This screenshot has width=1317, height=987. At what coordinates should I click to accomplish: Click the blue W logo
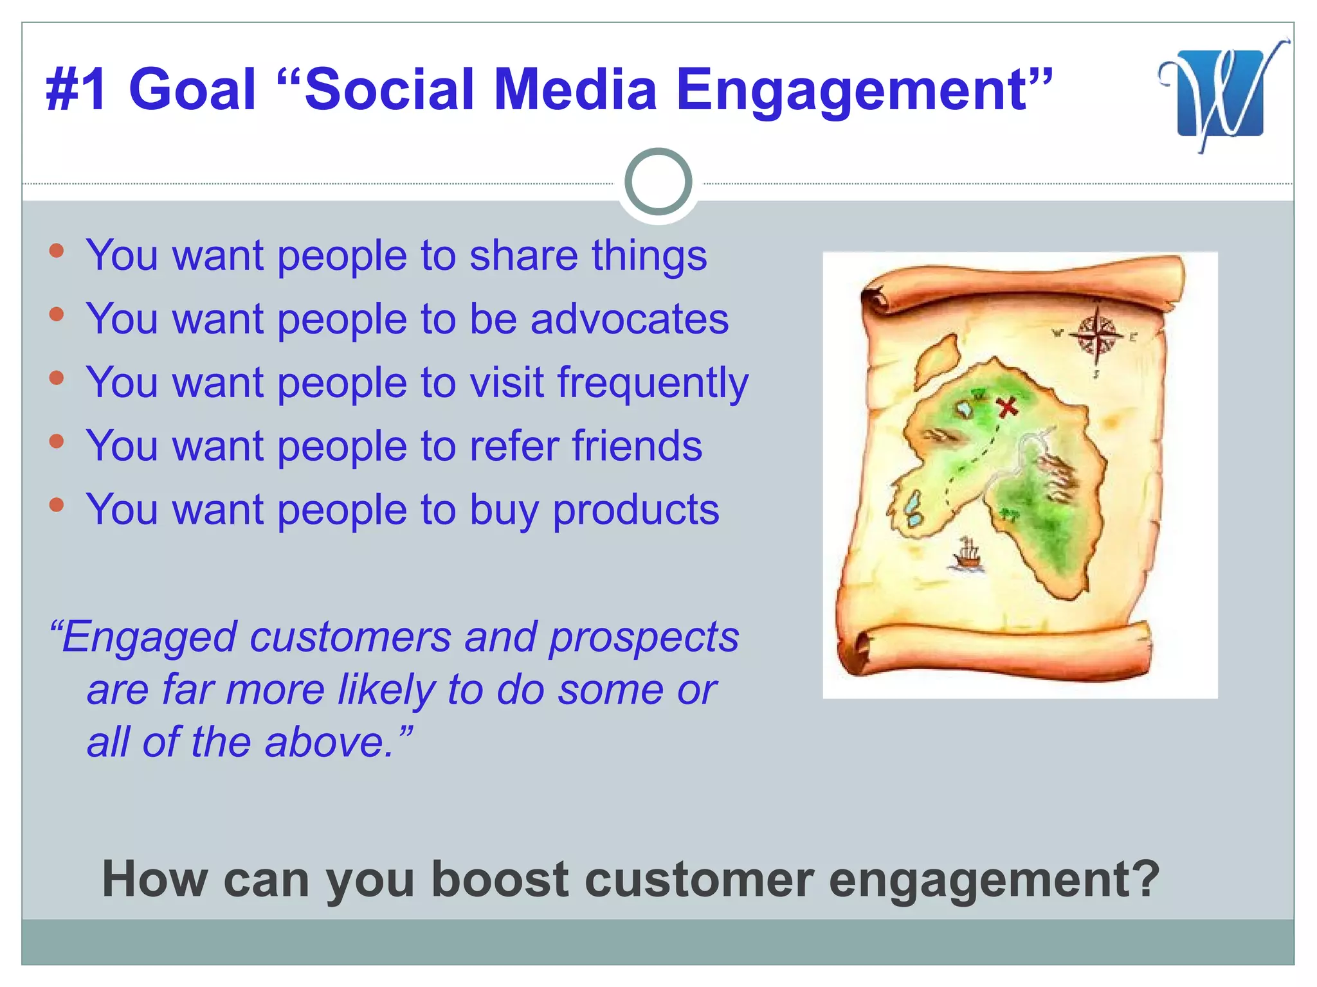point(1220,93)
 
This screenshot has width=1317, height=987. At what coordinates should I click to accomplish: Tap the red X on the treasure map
point(1007,407)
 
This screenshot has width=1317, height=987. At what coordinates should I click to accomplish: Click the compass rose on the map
point(1097,335)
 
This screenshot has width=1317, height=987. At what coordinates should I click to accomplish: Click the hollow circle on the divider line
point(658,182)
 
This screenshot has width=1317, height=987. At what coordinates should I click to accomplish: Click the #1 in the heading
point(77,90)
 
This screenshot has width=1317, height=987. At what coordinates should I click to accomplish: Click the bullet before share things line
point(57,251)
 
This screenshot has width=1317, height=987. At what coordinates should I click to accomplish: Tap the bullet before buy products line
point(57,504)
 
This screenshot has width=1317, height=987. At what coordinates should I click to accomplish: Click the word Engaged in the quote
point(148,638)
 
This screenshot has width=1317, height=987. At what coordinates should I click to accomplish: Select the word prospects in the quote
point(644,638)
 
